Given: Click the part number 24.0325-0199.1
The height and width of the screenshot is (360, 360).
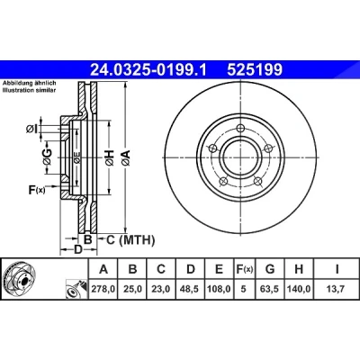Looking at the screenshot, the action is click(148, 70).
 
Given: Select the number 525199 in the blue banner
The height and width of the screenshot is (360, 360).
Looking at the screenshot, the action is click(255, 70).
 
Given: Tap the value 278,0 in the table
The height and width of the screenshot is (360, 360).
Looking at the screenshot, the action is click(103, 289).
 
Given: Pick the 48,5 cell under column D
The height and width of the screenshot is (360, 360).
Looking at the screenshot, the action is click(191, 289).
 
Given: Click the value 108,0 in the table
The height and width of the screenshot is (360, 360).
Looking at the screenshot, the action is click(220, 289).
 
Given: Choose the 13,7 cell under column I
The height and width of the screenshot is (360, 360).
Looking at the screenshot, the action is click(337, 289).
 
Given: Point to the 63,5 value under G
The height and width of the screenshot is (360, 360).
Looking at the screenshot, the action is click(270, 289).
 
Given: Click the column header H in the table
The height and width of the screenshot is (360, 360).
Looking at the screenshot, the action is click(299, 269).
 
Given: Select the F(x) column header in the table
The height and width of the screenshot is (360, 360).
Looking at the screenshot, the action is click(244, 269).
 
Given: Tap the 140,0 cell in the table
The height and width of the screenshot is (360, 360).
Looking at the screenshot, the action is click(299, 289).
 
